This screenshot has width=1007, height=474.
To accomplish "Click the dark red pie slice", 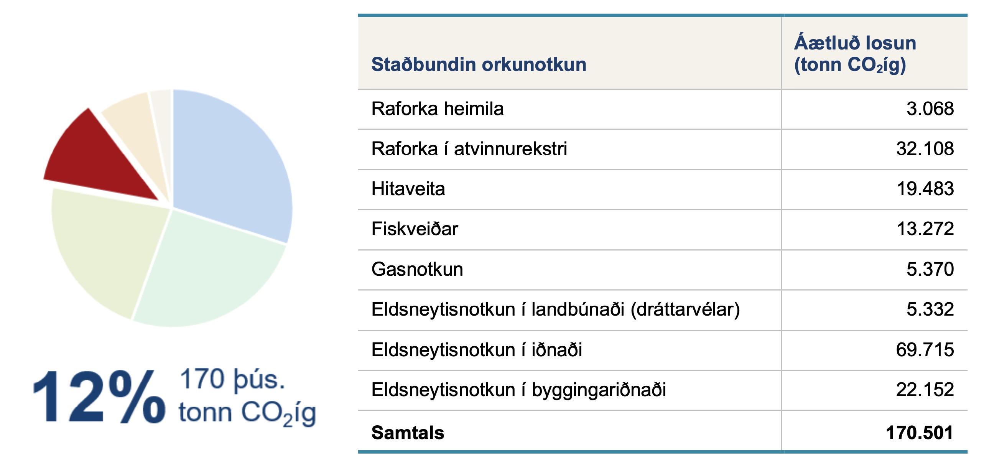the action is coord(94,160).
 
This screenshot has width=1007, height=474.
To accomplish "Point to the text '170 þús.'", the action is coord(232,379).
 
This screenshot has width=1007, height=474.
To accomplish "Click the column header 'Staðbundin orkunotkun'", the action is coord(479,64).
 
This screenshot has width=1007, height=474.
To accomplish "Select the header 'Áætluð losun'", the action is coord(855,43).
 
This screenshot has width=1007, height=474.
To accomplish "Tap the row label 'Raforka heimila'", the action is coord(438,109).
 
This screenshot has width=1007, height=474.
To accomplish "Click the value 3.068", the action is coord(930,109).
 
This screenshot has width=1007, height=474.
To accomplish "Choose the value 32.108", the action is coord(925,149).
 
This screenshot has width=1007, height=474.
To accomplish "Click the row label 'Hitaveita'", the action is coord(408,189).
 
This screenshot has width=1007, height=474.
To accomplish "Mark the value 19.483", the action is coord(925,189).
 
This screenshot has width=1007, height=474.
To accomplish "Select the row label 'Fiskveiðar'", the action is coord(415,229).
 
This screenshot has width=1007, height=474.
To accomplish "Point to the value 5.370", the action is coord(930,269).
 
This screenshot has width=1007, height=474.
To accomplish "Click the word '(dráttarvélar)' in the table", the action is coord(685,309).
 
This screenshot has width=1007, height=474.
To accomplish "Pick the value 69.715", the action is coord(925,350).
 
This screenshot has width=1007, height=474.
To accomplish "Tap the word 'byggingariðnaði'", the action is coord(599,390).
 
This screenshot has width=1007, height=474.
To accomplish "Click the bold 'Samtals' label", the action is coord(408,433).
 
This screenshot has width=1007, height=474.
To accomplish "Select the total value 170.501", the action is coord(920,433).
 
